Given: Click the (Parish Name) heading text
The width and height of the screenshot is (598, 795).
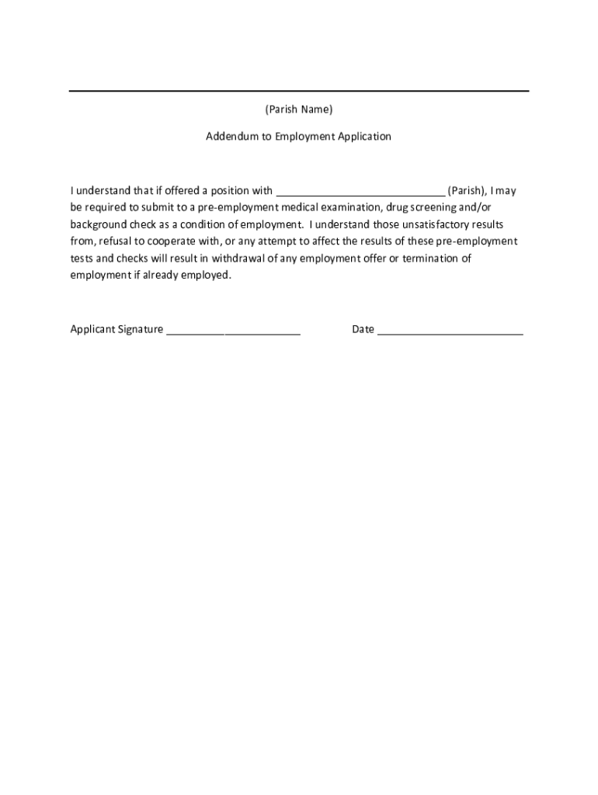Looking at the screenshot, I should pyautogui.click(x=298, y=109).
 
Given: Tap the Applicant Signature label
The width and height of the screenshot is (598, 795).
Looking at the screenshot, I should pyautogui.click(x=116, y=329).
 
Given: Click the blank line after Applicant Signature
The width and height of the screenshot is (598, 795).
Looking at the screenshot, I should pyautogui.click(x=233, y=332).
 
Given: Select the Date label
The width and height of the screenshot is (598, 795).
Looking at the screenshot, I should pyautogui.click(x=363, y=329).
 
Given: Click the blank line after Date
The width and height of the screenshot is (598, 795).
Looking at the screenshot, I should pyautogui.click(x=450, y=332).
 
